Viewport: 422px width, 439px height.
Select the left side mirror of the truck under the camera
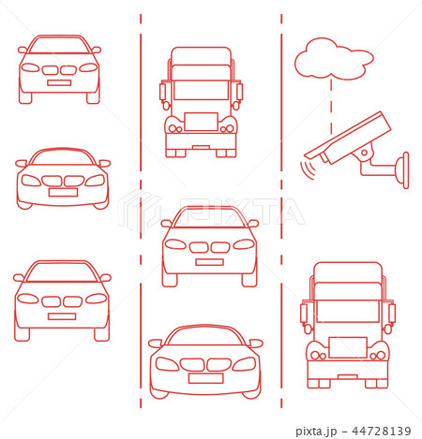(x=304, y=313)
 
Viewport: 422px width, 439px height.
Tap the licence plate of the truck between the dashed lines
(x=200, y=121)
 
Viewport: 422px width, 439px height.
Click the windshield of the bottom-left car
(x=61, y=274)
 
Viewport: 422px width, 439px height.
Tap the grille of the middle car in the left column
(x=62, y=180)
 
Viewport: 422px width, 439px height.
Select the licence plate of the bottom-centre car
(x=204, y=378)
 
